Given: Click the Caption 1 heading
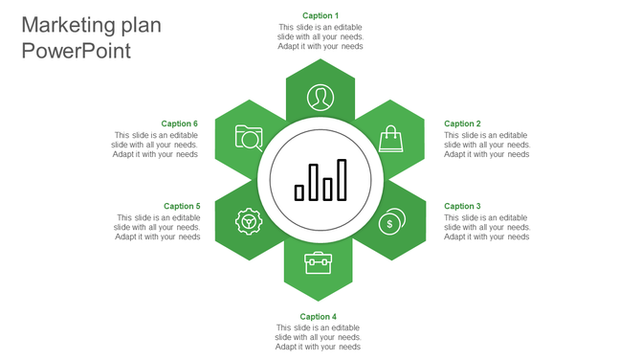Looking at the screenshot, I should tap(320, 15).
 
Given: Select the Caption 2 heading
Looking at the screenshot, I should tap(462, 124).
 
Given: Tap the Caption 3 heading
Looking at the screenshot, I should tap(462, 206).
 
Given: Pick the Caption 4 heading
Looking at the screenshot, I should tap(318, 316).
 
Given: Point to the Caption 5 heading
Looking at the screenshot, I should tap(182, 206).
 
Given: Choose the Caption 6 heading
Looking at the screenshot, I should tap(180, 124).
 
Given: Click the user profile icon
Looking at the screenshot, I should tap(320, 97).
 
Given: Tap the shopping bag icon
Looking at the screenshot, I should tap(390, 139).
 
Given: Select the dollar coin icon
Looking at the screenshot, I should tap(390, 222).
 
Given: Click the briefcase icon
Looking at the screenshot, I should tap(318, 262).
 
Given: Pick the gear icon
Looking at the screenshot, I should tap(249, 222).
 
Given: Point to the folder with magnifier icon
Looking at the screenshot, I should tap(249, 139).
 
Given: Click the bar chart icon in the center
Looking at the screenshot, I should tap(320, 180).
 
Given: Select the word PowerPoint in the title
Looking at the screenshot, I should tap(76, 52).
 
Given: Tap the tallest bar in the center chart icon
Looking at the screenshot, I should tap(342, 180).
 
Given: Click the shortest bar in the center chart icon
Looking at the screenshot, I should tap(299, 192).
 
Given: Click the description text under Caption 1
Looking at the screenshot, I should tap(320, 36).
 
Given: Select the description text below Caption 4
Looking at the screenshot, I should tap(318, 337).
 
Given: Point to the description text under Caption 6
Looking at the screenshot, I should tap(156, 145).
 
